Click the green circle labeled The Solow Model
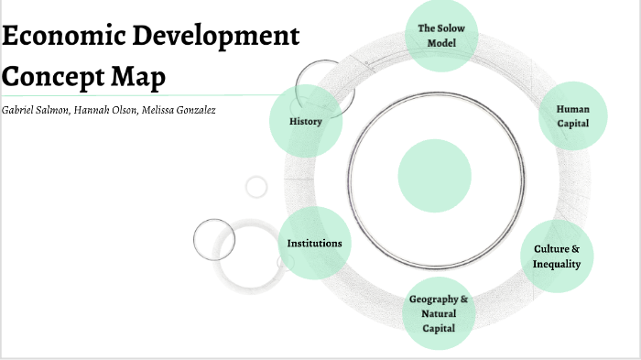[x=441, y=36]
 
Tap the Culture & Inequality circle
[x=557, y=256]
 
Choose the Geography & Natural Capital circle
[x=439, y=314]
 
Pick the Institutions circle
[x=314, y=243]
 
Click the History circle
[x=306, y=121]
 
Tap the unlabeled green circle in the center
[x=435, y=174]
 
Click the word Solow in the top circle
[x=451, y=28]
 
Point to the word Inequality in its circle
[x=557, y=264]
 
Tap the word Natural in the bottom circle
[x=439, y=314]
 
